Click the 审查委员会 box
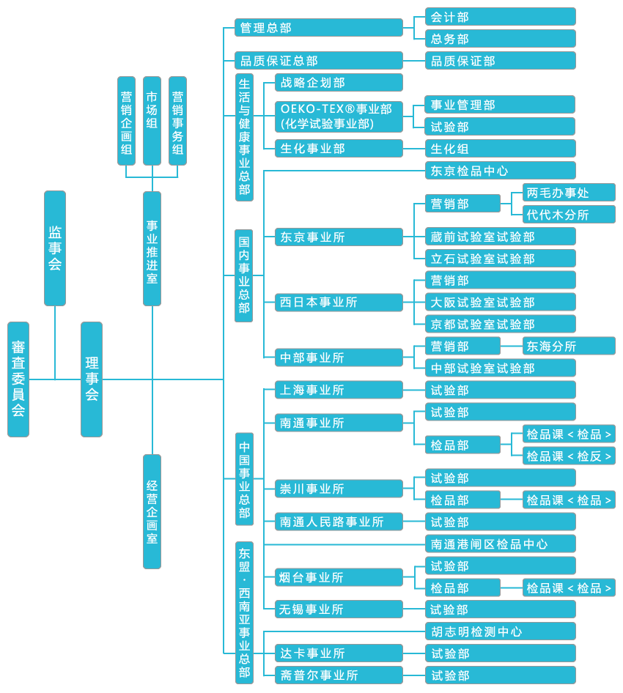coord(18,379)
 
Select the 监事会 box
coord(55,248)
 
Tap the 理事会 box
coord(92,379)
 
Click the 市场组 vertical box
coord(152,121)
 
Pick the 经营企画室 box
coord(152,511)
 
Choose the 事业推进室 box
coord(152,248)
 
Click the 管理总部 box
coord(319,28)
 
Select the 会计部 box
coord(500,17)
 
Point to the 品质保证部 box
coord(500,61)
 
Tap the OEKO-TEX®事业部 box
coord(339,116)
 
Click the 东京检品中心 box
coord(500,171)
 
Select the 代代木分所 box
coord(569,215)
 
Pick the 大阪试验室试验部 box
coord(500,302)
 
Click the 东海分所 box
coord(569,346)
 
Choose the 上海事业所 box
coord(339,390)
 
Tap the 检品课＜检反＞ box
coord(569,456)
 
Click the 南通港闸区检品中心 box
coord(500,544)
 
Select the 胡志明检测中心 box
coord(500,631)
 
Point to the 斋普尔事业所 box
coord(339,675)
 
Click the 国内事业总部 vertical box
coord(244,275)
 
